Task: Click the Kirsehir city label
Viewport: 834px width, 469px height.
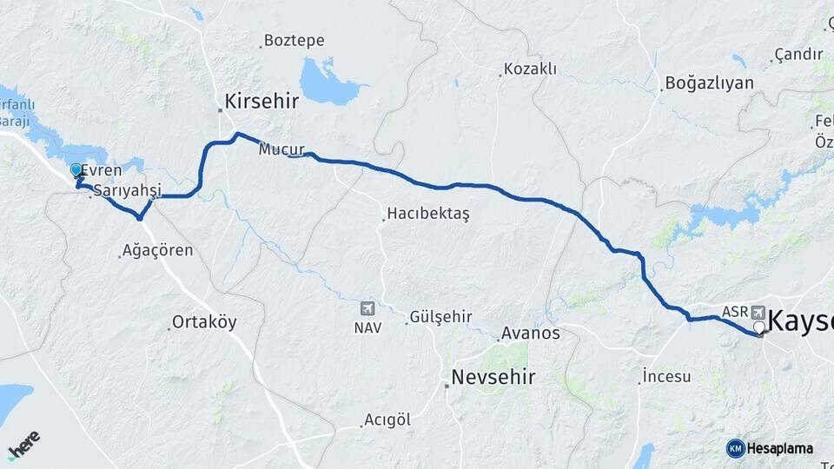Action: [261, 102]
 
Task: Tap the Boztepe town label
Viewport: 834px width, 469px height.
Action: [294, 41]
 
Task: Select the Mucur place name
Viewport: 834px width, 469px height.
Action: [281, 149]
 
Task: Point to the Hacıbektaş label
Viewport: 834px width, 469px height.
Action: [427, 214]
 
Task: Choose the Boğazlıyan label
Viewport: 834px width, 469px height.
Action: [709, 83]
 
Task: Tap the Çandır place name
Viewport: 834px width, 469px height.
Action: [798, 54]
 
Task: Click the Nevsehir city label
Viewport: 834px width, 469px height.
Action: [493, 378]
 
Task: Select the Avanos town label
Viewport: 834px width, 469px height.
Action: [531, 333]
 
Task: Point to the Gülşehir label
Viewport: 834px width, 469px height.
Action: [440, 317]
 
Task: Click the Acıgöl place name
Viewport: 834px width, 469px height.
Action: [387, 420]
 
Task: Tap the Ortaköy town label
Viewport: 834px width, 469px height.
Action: [204, 322]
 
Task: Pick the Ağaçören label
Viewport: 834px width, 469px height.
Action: [159, 251]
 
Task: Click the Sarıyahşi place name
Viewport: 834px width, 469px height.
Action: [129, 190]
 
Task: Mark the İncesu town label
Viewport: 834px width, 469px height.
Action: [667, 376]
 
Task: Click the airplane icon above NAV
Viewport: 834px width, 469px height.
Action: [367, 309]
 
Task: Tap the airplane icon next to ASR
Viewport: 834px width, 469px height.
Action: [758, 312]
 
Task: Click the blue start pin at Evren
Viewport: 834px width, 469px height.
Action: [76, 171]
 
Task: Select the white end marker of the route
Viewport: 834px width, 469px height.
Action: [759, 327]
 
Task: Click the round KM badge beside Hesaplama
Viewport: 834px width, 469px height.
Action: [735, 448]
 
